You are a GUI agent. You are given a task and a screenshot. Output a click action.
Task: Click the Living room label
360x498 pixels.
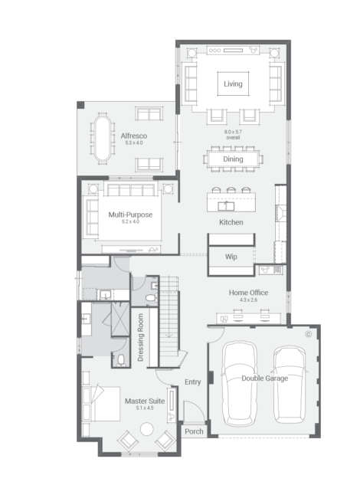coord(233,84)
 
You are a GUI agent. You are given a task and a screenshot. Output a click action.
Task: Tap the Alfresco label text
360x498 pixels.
coord(133,136)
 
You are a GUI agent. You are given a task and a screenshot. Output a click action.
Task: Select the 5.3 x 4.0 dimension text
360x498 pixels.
coord(133,143)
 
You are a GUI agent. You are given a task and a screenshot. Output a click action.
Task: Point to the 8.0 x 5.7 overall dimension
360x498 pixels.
coord(233,135)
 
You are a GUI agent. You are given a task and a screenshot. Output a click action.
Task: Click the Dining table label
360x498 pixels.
coord(233,159)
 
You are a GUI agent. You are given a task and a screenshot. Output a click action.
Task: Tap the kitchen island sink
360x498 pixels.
coord(226,206)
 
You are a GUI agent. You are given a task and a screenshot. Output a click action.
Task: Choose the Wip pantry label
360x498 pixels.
coord(231,257)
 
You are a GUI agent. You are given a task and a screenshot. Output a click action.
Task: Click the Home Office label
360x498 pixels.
coord(249,293)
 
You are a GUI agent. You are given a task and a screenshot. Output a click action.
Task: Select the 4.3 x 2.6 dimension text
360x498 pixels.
coord(249,300)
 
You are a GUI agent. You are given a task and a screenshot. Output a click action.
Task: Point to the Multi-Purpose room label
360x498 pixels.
coord(130,215)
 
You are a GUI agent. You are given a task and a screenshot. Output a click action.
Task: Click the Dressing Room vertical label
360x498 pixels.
coord(141,338)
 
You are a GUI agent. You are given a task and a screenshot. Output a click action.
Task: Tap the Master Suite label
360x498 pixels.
coord(145,401)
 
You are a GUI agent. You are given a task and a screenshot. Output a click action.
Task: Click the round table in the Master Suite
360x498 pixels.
coord(146,429)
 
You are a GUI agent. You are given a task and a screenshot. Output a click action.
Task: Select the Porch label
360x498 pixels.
coord(194,431)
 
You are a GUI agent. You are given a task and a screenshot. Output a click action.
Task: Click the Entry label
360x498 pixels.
coord(193,382)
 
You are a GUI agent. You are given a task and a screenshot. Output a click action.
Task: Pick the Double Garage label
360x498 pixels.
coord(265,378)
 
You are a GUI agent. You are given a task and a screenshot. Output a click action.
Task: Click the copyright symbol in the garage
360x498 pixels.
coord(308,334)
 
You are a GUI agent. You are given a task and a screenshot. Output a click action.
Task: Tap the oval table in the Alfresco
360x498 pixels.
coord(103,139)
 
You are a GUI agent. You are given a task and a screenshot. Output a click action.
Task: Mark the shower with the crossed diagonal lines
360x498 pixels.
coord(120,319)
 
